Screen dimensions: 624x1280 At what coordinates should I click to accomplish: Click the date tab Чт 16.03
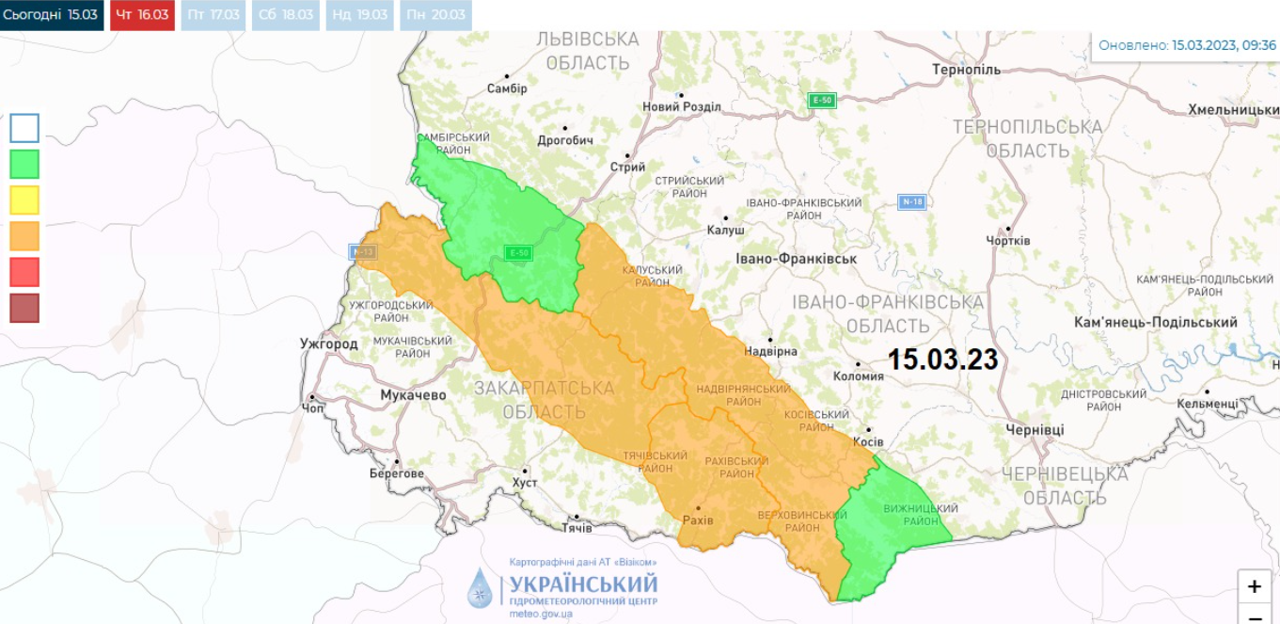(142, 15)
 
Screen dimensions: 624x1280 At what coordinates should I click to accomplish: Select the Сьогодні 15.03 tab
(51, 15)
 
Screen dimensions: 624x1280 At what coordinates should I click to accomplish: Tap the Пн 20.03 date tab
(435, 15)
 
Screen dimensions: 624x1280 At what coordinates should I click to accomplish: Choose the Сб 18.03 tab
(285, 15)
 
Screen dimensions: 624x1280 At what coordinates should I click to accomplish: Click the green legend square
(24, 165)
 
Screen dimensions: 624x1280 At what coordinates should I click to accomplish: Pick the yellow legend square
(24, 200)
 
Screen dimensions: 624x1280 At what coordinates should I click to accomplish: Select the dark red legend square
(24, 308)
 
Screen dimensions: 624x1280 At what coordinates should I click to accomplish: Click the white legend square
(24, 128)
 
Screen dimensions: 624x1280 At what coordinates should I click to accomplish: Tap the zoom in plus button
(1254, 586)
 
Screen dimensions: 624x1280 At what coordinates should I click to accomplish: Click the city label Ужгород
(328, 344)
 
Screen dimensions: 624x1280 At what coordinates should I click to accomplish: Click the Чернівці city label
(1035, 429)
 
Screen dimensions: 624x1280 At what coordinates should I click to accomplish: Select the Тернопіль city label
(966, 70)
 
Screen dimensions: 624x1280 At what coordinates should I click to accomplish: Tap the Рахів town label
(697, 520)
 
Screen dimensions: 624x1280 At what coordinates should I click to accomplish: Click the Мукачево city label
(413, 395)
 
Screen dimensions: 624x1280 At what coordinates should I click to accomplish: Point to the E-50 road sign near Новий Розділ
(823, 101)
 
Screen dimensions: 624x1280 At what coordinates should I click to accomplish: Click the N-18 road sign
(911, 201)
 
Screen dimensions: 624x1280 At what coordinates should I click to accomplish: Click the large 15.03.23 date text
(942, 360)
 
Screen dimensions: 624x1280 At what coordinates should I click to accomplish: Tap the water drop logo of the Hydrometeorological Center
(480, 587)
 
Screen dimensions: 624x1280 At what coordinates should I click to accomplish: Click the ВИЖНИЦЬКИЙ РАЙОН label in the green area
(920, 515)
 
